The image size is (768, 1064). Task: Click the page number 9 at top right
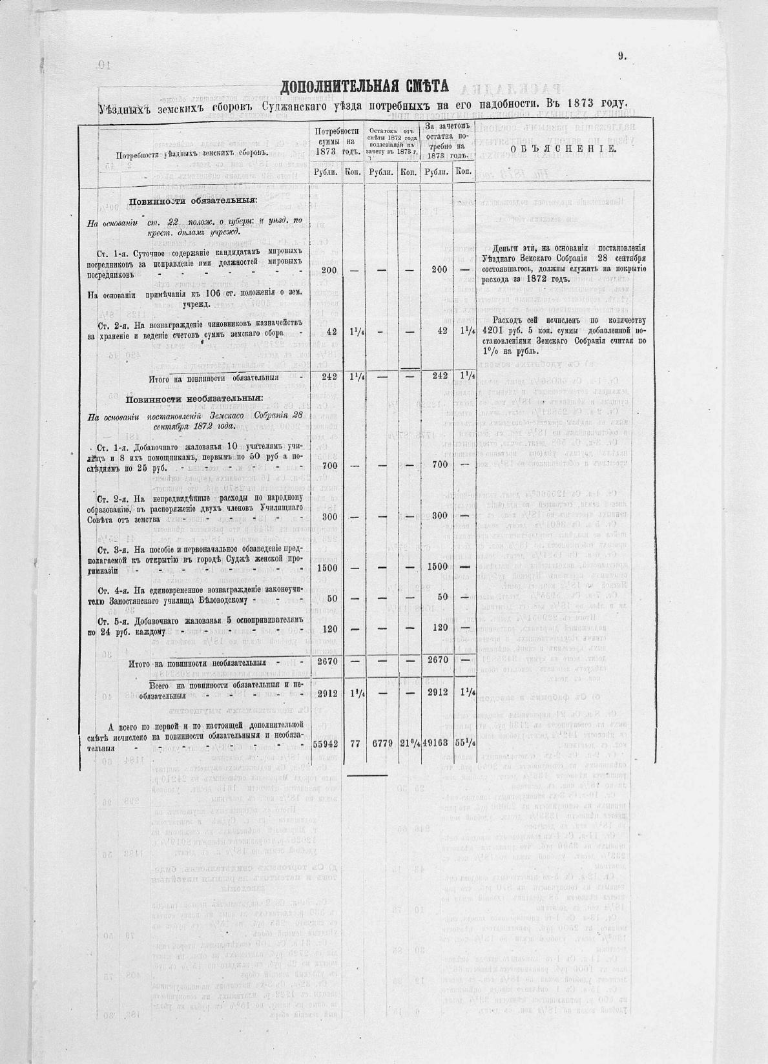point(621,56)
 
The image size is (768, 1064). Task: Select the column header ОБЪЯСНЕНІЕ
point(563,149)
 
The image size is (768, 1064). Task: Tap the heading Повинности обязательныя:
point(192,200)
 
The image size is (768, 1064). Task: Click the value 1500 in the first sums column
point(329,567)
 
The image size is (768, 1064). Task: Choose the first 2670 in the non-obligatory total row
point(329,661)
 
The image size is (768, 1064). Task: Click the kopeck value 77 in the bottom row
point(355,744)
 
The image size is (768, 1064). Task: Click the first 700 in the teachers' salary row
point(329,464)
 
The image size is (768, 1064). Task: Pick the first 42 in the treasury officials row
point(332,331)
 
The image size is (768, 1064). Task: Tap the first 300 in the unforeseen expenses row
point(329,516)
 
